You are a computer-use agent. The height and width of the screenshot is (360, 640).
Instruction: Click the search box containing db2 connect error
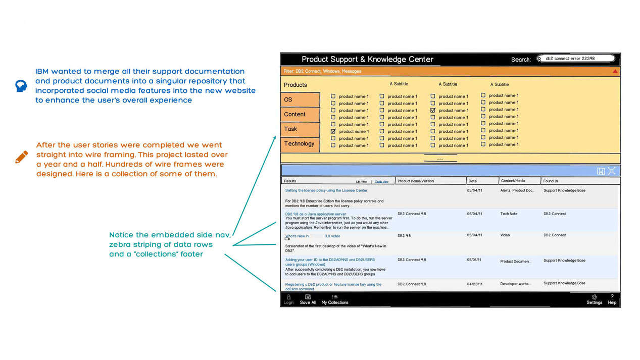[576, 59]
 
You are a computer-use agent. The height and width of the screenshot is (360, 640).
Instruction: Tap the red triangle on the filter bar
[615, 71]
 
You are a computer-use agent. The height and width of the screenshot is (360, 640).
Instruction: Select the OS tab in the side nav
[300, 99]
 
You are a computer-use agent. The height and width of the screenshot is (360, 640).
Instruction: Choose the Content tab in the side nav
[300, 114]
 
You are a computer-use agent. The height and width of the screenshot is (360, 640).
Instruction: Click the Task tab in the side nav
[300, 129]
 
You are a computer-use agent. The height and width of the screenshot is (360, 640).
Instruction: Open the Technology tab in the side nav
[300, 144]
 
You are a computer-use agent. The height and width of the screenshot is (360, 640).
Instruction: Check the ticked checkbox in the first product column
[333, 131]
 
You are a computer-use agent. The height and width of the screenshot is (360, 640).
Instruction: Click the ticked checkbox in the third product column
[433, 110]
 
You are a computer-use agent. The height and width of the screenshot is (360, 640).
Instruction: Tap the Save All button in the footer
[308, 299]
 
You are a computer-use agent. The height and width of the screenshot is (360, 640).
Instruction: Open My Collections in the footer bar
[335, 299]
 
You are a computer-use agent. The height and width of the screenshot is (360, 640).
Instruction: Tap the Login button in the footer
[288, 299]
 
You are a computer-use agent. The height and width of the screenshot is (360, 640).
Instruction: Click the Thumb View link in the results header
[381, 182]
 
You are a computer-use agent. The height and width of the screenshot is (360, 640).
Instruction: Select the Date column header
[473, 181]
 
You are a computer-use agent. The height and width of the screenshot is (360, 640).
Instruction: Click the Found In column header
[551, 181]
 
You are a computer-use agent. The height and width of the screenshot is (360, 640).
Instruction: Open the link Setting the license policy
[326, 191]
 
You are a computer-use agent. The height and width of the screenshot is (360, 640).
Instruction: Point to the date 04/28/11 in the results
[475, 284]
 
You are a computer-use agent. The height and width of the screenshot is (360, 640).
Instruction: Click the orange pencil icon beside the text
[22, 157]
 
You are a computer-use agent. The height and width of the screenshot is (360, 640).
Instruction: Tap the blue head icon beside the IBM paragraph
[21, 86]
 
